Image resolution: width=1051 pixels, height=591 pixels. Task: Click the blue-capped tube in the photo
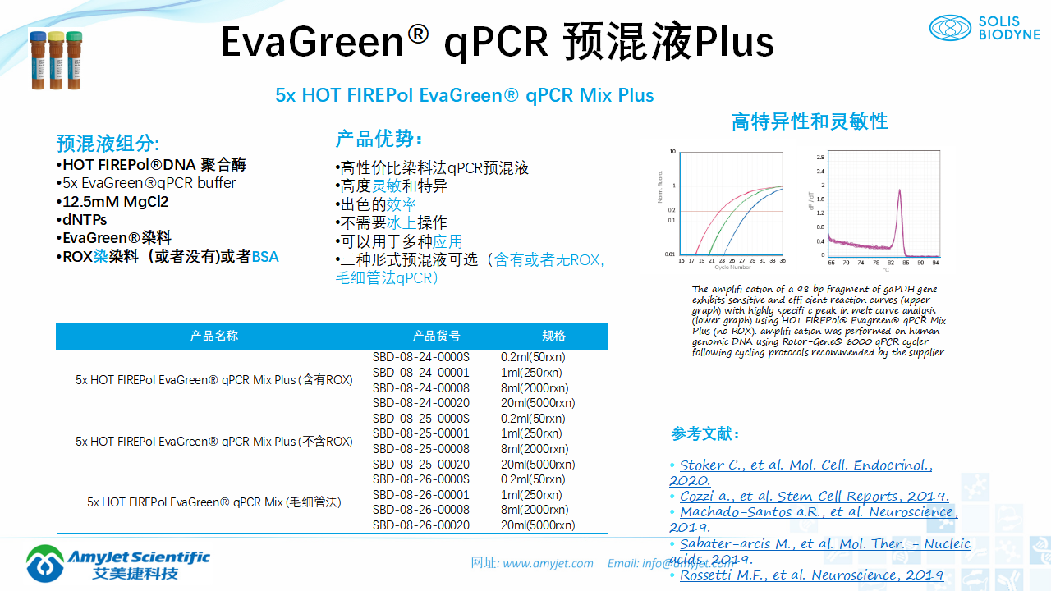click(38, 60)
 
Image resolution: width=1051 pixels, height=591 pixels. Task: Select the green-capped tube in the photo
click(74, 60)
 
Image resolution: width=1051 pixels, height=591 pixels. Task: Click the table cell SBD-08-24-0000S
click(420, 357)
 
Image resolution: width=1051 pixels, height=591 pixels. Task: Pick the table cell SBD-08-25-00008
click(420, 449)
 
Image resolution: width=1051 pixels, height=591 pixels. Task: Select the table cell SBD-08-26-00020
click(420, 525)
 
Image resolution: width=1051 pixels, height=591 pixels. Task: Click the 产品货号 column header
click(436, 336)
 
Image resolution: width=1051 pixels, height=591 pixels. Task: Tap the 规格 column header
click(553, 336)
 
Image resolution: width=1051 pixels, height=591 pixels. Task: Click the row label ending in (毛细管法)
click(213, 502)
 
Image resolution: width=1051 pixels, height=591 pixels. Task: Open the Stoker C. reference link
click(805, 465)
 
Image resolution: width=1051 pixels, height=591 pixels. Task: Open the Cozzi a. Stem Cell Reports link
click(814, 497)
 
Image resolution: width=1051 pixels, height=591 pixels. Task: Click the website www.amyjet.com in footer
click(548, 563)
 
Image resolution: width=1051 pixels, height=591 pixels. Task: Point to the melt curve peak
click(900, 192)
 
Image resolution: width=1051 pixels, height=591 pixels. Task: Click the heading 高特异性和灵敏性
click(809, 121)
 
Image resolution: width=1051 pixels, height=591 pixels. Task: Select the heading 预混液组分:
click(108, 144)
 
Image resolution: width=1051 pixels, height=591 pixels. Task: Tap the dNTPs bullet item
click(85, 220)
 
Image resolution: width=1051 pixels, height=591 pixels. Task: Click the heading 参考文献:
click(705, 433)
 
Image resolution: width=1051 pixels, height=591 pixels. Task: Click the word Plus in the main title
click(734, 43)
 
